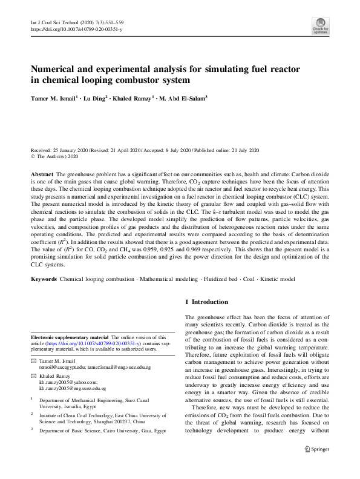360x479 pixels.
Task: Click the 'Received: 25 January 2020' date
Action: coord(62,150)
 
